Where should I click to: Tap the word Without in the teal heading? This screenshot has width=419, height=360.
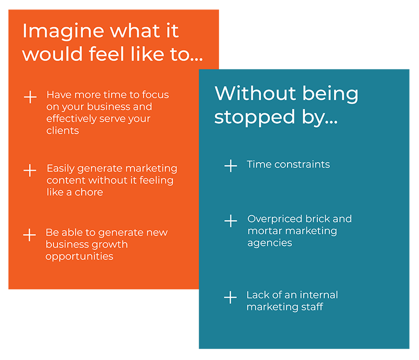tap(255, 94)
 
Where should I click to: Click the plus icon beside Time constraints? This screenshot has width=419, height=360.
tap(230, 165)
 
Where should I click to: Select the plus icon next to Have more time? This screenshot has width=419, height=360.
tap(30, 97)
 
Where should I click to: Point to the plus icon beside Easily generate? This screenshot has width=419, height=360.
tap(30, 170)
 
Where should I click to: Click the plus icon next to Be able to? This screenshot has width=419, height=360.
tap(29, 235)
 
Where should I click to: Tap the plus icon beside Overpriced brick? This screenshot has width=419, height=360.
tap(230, 221)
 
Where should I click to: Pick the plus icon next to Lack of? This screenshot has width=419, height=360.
tap(230, 297)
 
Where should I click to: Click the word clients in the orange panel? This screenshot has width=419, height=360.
tap(62, 131)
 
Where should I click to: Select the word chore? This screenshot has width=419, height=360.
tap(89, 192)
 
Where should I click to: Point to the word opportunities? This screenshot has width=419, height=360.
tap(80, 257)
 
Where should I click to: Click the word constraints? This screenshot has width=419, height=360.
tap(302, 164)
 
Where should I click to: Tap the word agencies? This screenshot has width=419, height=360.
tap(270, 243)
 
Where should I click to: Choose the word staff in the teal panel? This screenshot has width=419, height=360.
tap(312, 307)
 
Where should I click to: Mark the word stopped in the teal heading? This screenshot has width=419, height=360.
tap(255, 118)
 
